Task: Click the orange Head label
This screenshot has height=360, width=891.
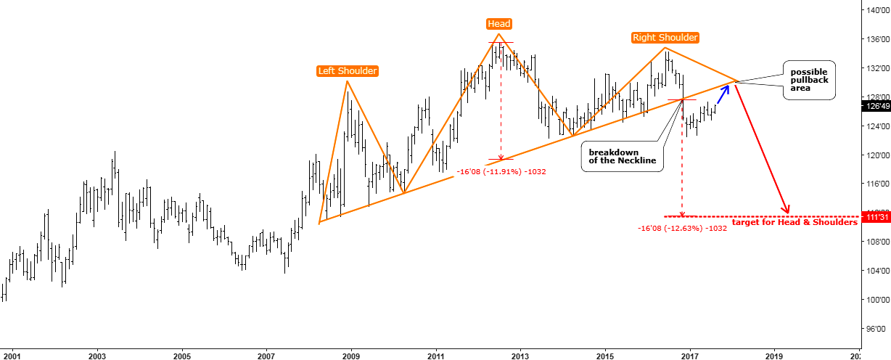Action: tap(498, 24)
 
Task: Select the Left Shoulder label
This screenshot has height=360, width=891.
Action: tap(347, 71)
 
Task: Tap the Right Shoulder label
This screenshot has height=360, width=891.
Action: tap(665, 38)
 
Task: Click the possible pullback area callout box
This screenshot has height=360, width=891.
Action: tap(809, 80)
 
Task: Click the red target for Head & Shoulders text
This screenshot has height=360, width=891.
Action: tap(794, 222)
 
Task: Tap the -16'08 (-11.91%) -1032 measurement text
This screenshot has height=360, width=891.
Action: tap(501, 172)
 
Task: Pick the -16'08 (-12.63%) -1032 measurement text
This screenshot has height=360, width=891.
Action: tap(682, 229)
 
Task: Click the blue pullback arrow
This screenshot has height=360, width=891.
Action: tap(723, 92)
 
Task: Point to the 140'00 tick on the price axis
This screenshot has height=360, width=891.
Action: tap(875, 10)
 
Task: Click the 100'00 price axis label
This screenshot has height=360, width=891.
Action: tap(875, 299)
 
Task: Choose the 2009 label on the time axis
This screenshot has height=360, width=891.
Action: tap(351, 356)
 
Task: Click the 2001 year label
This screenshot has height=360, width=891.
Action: tap(12, 356)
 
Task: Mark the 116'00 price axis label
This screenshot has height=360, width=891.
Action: tap(875, 184)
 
